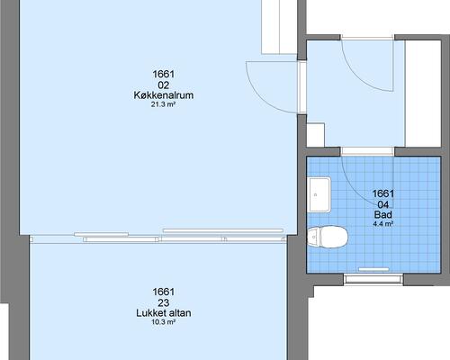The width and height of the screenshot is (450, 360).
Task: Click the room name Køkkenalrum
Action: tap(164, 95)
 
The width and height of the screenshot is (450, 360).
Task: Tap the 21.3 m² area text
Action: tap(163, 104)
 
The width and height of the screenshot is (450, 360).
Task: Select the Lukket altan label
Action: tap(164, 313)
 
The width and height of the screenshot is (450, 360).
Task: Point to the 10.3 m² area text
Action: tap(163, 322)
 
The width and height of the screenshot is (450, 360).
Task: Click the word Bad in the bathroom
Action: tap(383, 215)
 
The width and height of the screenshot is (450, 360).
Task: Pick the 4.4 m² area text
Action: tap(383, 224)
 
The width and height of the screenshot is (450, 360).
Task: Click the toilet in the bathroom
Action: tap(328, 237)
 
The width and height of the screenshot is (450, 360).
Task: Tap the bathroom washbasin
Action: tap(319, 194)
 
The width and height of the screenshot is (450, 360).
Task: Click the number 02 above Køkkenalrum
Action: tap(164, 85)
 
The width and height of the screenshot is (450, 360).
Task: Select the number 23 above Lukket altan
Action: tap(164, 302)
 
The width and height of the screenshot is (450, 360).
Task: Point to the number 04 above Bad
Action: tap(383, 205)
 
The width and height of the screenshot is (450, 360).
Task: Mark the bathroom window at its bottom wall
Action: tap(373, 279)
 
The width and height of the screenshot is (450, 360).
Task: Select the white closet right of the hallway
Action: tap(423, 94)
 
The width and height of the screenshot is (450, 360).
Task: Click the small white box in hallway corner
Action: tap(316, 135)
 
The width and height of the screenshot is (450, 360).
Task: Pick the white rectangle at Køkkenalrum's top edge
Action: tap(279, 27)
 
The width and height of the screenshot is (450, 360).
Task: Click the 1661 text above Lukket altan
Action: tap(164, 292)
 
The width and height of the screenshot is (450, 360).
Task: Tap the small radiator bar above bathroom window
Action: tap(374, 269)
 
